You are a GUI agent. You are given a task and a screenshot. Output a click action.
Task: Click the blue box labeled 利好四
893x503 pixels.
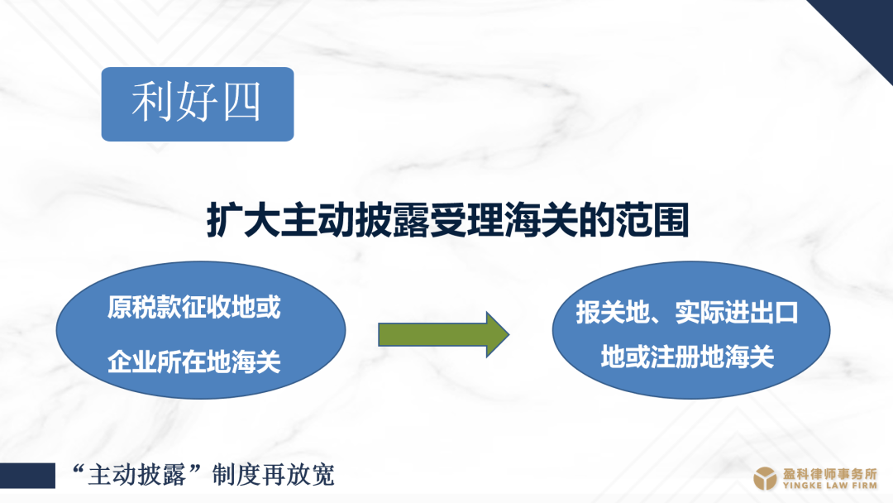click(x=198, y=104)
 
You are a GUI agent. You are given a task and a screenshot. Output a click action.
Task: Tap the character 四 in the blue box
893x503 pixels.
click(x=241, y=102)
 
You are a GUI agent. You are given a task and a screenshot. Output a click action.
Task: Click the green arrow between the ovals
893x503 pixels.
click(x=444, y=334)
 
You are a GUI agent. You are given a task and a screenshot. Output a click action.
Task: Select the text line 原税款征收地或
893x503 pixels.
click(x=194, y=308)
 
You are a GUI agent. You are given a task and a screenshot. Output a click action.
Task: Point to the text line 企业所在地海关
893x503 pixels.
click(x=194, y=362)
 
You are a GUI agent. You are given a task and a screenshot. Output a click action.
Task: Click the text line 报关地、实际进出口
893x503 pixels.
click(x=687, y=313)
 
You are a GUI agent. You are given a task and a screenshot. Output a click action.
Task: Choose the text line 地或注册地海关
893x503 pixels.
click(x=687, y=357)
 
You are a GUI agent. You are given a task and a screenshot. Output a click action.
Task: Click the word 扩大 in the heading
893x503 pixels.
click(x=244, y=219)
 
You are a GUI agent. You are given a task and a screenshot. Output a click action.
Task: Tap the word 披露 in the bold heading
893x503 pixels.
click(x=393, y=219)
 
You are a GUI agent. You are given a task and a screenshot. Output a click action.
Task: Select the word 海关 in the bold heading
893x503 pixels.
click(x=541, y=219)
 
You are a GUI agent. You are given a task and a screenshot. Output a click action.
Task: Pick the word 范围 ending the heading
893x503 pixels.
click(x=652, y=219)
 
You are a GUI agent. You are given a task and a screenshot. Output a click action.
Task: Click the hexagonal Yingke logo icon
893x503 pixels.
click(x=765, y=478)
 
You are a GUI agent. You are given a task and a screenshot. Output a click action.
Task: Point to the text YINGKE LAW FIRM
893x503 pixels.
click(x=830, y=486)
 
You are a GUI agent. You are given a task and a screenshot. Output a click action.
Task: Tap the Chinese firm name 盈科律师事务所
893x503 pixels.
click(x=830, y=473)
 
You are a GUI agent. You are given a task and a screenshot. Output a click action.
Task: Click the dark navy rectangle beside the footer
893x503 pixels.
click(x=27, y=476)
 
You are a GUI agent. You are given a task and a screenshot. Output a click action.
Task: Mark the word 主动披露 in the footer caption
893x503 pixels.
click(x=136, y=475)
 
